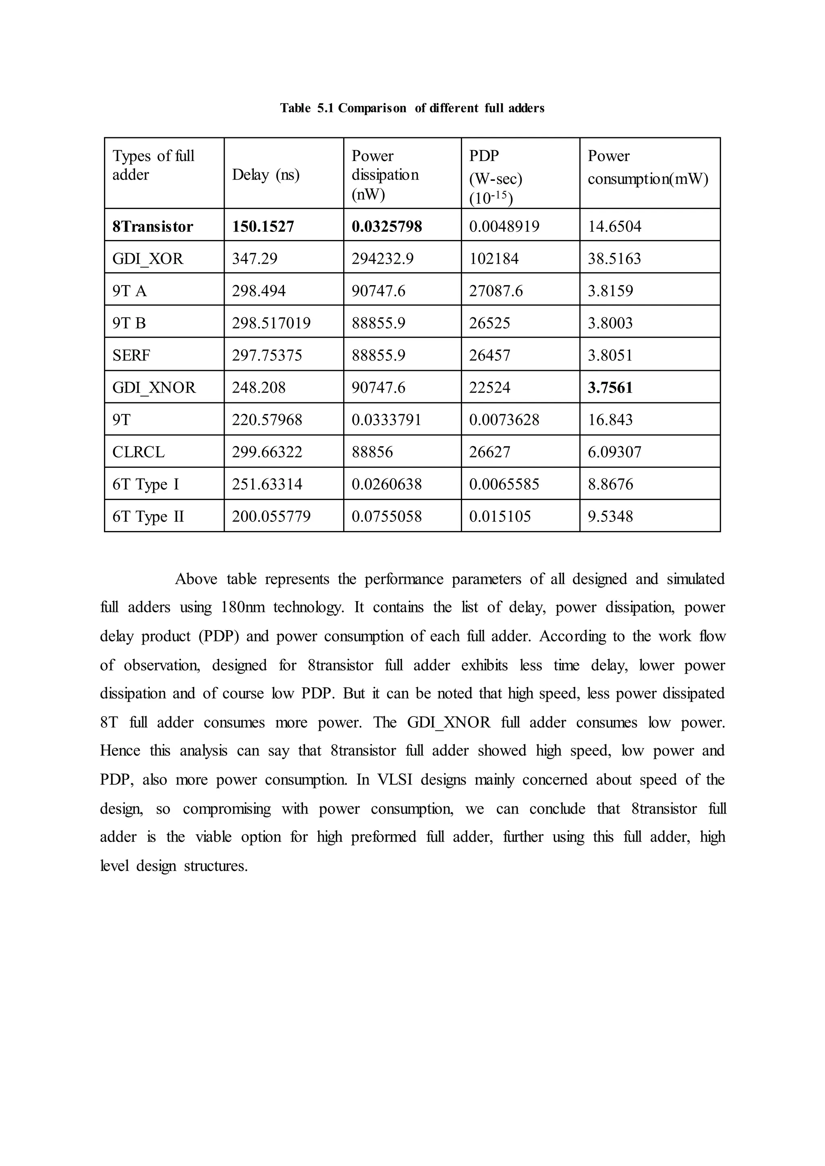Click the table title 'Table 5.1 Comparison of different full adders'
click(x=412, y=108)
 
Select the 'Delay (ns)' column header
click(x=266, y=175)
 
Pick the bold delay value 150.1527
click(x=263, y=227)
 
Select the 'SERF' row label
click(x=131, y=355)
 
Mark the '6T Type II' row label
click(x=148, y=517)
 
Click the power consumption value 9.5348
click(x=611, y=517)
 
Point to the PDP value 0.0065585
click(x=504, y=484)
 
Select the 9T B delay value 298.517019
click(x=271, y=323)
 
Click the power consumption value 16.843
click(x=610, y=420)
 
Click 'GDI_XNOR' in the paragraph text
click(x=449, y=722)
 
